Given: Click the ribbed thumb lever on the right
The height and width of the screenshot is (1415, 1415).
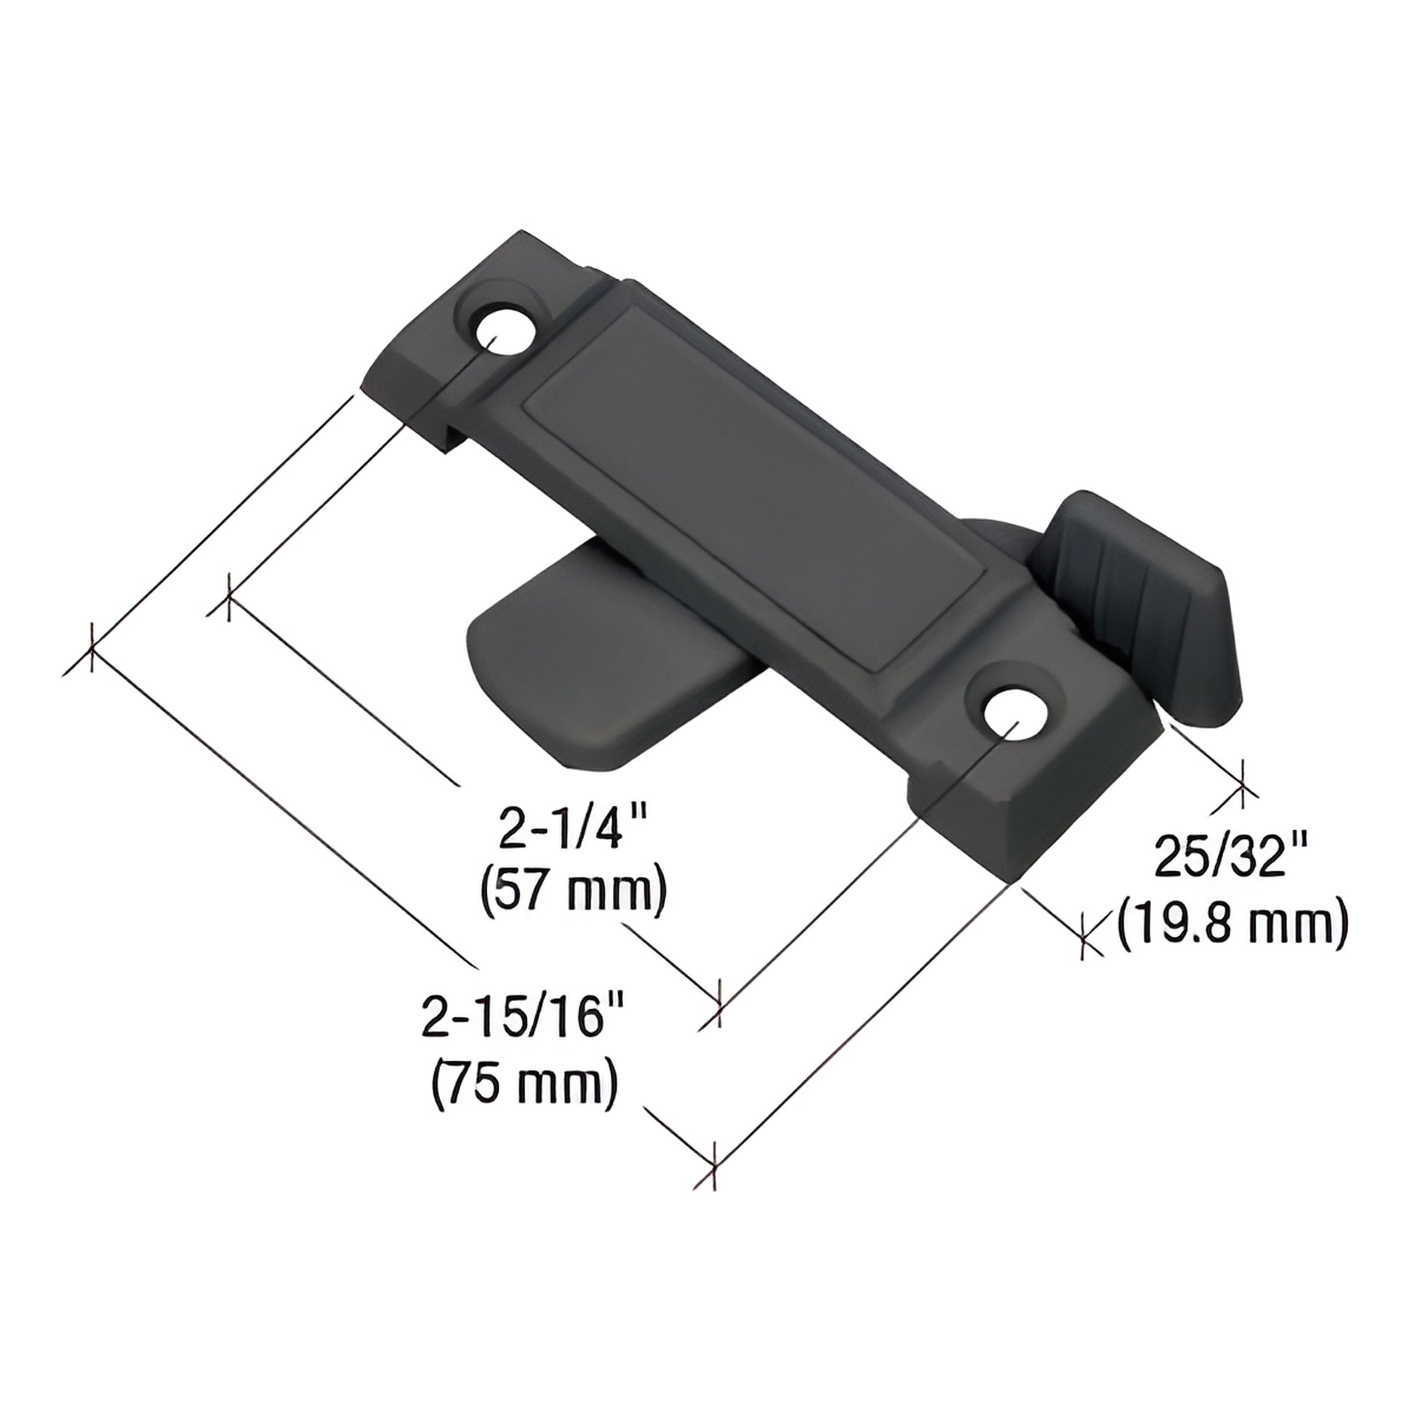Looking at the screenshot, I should coord(1150,601).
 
